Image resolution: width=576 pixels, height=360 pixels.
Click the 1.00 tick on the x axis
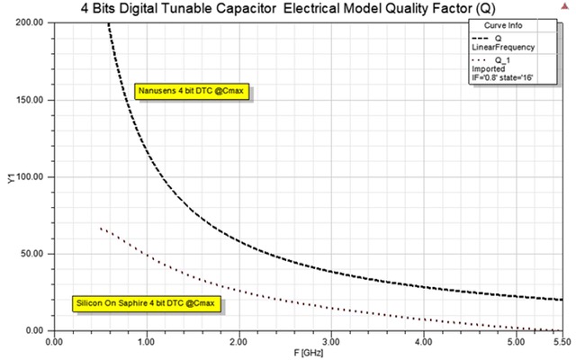tap(146, 343)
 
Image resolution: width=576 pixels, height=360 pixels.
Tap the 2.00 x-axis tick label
tap(238, 343)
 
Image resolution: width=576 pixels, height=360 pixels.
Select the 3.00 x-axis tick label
tap(331, 343)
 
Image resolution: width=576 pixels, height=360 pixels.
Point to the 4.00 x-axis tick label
tap(423, 343)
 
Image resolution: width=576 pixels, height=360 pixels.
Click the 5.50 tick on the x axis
tap(561, 343)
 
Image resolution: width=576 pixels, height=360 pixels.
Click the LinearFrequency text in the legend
tap(504, 47)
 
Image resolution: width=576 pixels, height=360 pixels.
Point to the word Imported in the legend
tap(489, 67)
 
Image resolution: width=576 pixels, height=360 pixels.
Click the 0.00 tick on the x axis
tap(54, 343)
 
